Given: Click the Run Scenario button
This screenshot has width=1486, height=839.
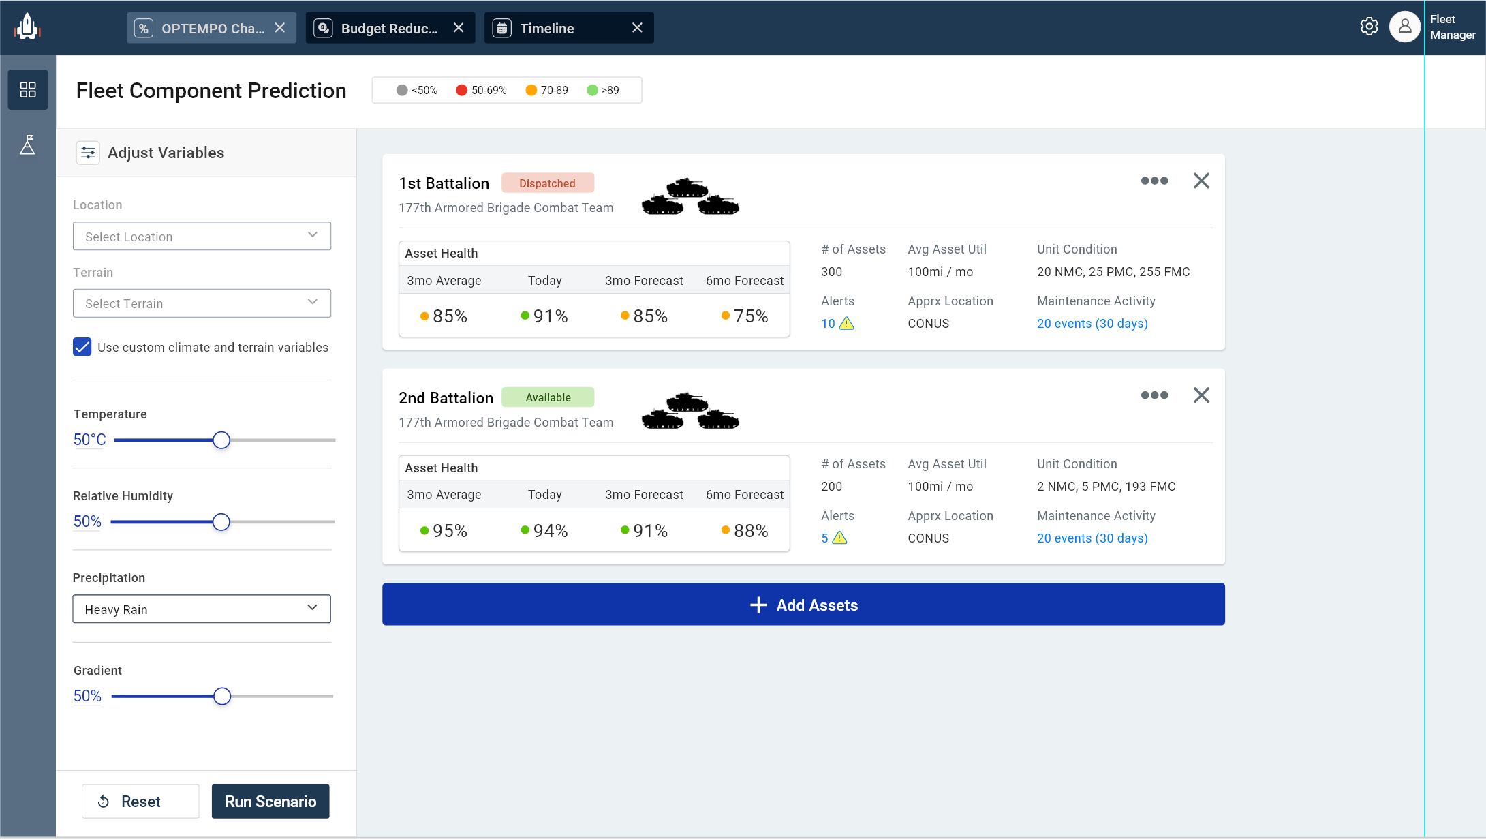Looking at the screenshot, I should pos(270,802).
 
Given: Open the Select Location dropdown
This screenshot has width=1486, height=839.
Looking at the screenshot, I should pos(202,237).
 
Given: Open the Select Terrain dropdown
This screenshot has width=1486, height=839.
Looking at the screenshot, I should pos(202,303).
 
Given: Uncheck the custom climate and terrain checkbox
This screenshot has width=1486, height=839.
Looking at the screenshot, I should pos(82,347).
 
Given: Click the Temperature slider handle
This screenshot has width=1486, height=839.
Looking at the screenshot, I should pos(221,440).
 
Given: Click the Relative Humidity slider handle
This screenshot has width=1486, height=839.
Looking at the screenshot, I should pos(221,522).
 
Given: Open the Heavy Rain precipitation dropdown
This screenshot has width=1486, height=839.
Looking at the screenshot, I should pos(202,609).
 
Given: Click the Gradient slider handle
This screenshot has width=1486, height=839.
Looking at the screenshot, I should pos(222,696).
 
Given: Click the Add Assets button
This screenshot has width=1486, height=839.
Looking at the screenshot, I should pos(803,605).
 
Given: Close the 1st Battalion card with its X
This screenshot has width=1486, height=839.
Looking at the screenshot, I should pos(1201,181).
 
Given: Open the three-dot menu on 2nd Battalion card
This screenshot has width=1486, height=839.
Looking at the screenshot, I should pos(1154,395).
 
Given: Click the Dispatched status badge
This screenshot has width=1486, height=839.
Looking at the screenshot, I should pos(547,183).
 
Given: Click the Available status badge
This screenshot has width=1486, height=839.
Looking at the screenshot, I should pos(548,397).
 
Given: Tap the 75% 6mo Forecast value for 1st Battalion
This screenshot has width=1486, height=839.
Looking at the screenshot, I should pos(745,316).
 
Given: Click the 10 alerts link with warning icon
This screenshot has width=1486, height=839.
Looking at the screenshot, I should pos(837,324).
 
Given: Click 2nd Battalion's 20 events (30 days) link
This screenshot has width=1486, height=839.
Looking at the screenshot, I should pos(1092,538).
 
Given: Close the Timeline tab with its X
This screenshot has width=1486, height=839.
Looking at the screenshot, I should pos(637,28).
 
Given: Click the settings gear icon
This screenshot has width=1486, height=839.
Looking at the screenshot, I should pos(1369,27).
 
